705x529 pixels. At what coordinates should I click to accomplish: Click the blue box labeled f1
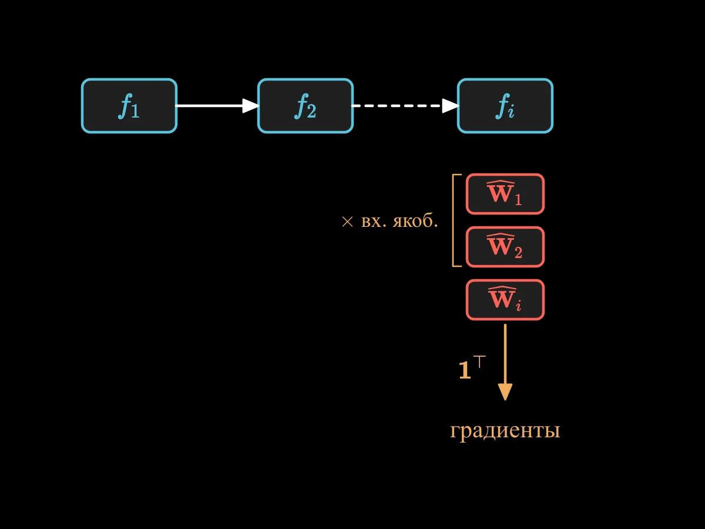click(129, 106)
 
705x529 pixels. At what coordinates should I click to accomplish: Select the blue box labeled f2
click(305, 106)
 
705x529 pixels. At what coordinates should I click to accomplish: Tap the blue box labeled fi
click(505, 106)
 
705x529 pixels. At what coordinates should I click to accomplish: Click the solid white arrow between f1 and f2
click(217, 106)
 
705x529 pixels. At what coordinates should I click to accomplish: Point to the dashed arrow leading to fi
click(405, 106)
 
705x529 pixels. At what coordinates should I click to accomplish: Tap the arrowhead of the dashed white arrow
click(451, 106)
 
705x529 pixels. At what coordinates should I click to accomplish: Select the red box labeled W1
click(505, 194)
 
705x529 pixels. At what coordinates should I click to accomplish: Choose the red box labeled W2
click(505, 247)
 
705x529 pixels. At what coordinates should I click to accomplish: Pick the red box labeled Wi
click(505, 300)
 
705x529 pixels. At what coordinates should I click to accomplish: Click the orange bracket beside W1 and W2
click(453, 220)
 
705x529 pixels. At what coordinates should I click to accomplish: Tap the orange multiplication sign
click(347, 222)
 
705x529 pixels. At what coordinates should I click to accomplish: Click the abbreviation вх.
click(374, 222)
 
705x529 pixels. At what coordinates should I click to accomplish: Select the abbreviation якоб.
click(415, 220)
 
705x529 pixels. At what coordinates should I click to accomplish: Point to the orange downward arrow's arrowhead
click(505, 392)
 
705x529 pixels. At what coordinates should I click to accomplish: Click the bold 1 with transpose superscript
click(472, 368)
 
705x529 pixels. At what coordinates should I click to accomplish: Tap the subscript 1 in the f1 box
click(135, 111)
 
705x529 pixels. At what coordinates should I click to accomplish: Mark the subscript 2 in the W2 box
click(518, 252)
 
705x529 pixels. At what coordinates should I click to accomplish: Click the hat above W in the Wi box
click(502, 288)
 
